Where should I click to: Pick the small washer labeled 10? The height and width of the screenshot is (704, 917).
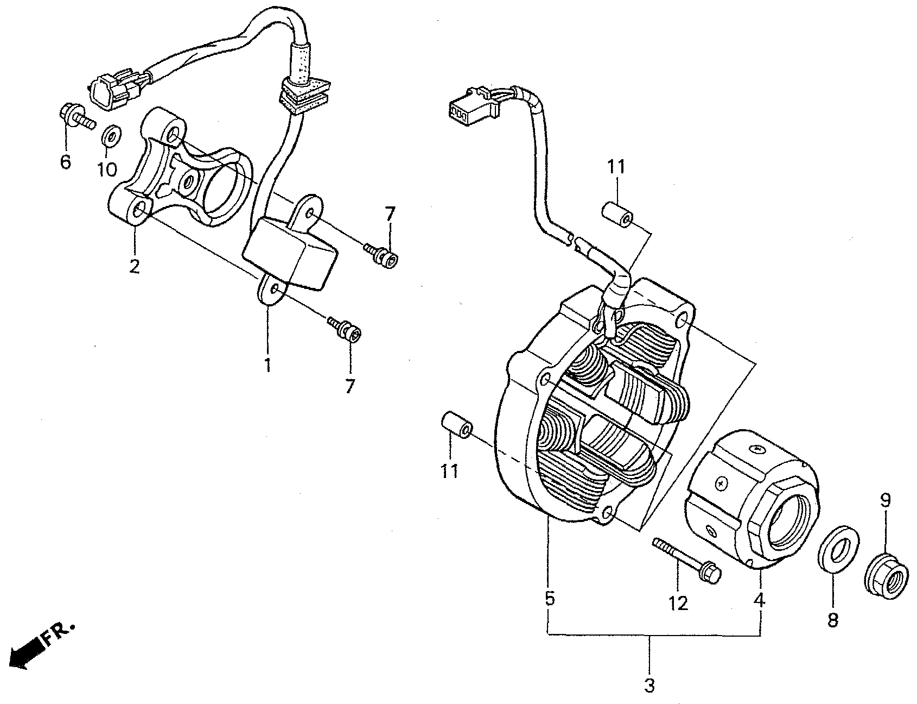pyautogui.click(x=111, y=135)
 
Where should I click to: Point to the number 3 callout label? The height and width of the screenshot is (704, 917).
pyautogui.click(x=649, y=686)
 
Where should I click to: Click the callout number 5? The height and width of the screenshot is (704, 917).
pyautogui.click(x=549, y=599)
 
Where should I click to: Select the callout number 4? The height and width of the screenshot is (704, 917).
pyautogui.click(x=759, y=600)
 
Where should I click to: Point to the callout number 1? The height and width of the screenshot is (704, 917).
pyautogui.click(x=267, y=364)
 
